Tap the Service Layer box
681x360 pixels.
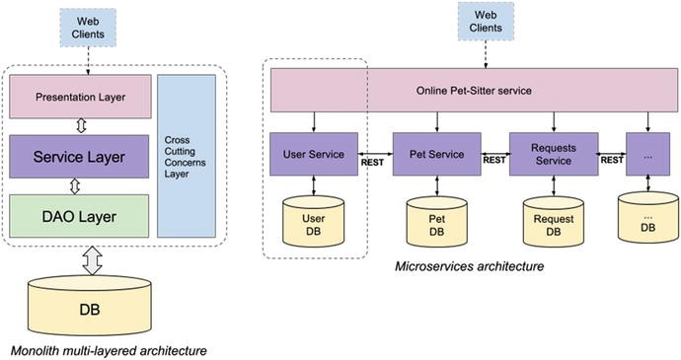(x=81, y=156)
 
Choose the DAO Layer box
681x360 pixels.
(x=81, y=215)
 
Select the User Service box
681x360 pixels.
(x=314, y=155)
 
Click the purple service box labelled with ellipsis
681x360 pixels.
(x=647, y=155)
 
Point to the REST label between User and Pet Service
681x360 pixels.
(x=373, y=163)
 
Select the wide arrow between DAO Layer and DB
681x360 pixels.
(x=92, y=259)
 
